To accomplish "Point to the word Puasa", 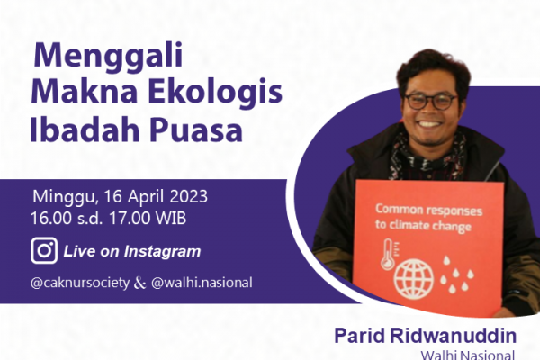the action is click(196, 130).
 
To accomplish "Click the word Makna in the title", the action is click(85, 92).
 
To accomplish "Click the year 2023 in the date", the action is click(189, 197).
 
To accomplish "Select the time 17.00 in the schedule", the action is click(130, 218).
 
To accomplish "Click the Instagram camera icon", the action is click(44, 250).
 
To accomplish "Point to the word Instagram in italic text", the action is click(162, 251).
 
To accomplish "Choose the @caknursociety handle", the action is click(80, 283).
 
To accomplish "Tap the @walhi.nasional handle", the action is click(202, 283).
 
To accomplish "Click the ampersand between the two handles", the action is click(139, 283).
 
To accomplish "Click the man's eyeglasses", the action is click(430, 102).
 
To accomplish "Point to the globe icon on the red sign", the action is click(414, 279).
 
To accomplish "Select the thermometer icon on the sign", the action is click(389, 254).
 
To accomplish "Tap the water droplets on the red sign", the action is click(456, 274).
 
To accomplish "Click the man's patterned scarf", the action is click(427, 159).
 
